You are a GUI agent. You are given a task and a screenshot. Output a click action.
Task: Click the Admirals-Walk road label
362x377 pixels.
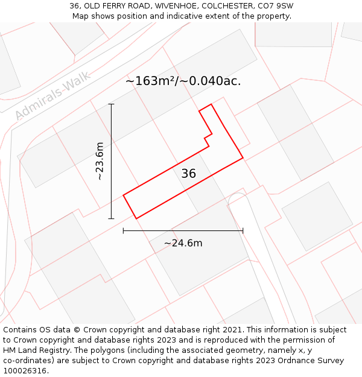pyautogui.click(x=53, y=95)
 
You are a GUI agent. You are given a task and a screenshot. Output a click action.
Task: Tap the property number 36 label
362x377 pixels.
pyautogui.click(x=188, y=174)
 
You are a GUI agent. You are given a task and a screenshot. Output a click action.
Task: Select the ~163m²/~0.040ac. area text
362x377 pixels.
pyautogui.click(x=183, y=81)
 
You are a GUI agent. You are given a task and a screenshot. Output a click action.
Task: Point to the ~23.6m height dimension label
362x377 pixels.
pyautogui.click(x=100, y=161)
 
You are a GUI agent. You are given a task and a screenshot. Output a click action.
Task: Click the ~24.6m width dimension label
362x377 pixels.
pyautogui.click(x=183, y=243)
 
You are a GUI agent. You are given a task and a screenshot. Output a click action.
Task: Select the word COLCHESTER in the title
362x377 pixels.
pyautogui.click(x=223, y=6)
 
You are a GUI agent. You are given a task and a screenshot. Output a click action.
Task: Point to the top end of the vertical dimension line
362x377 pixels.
pyautogui.click(x=111, y=104)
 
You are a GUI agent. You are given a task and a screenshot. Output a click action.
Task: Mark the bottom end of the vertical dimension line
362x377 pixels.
pyautogui.click(x=111, y=218)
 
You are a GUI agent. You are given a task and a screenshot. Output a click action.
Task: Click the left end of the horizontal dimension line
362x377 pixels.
pyautogui.click(x=123, y=230)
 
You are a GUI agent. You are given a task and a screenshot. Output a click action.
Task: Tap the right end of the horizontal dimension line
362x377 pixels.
pyautogui.click(x=243, y=230)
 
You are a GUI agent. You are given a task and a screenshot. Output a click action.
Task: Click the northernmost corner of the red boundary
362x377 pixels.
pyautogui.click(x=211, y=104)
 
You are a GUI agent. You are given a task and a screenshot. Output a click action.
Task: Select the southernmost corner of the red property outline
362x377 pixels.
pyautogui.click(x=136, y=218)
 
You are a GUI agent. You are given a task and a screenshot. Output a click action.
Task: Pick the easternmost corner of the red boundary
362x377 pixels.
pyautogui.click(x=243, y=159)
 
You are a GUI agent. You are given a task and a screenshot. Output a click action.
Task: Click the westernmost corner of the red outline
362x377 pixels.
pyautogui.click(x=123, y=195)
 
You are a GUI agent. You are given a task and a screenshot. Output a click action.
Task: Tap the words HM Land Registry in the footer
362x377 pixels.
pyautogui.click(x=34, y=350)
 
